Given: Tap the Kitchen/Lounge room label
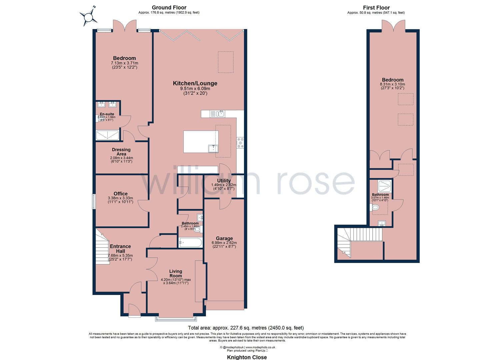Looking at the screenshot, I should [195, 83].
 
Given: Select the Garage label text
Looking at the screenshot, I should [224, 238].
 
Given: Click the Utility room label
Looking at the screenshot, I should [224, 180].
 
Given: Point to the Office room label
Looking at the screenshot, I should [120, 194].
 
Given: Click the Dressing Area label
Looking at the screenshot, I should [121, 152].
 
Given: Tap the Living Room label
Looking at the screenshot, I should [176, 273].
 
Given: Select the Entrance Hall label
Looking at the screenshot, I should [120, 249].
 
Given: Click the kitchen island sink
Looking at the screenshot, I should [213, 148].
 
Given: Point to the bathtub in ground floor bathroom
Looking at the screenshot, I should [190, 242].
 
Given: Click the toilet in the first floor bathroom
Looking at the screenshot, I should [375, 208].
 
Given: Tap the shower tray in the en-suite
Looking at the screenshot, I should [107, 135].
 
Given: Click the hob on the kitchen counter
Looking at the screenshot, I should [240, 142].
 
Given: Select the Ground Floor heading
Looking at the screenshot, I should [169, 7].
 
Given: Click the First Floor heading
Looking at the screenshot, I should [376, 7].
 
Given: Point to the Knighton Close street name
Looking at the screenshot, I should [247, 357].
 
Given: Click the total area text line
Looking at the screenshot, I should [246, 328].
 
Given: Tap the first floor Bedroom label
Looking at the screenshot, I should [392, 80].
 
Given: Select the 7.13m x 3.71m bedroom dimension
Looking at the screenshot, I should [124, 63].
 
